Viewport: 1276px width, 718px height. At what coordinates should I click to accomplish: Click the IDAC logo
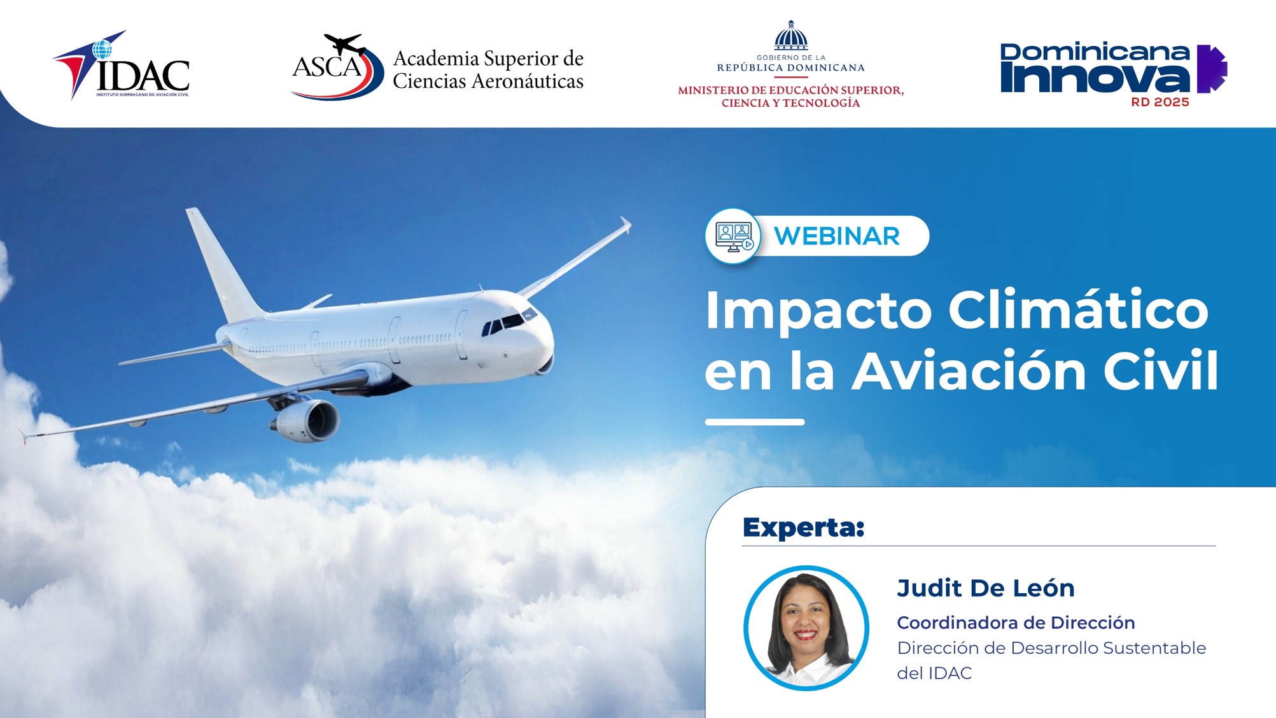(121, 65)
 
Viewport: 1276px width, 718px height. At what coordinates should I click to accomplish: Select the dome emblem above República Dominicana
(791, 36)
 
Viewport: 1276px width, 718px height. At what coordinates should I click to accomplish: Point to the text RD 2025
(1160, 102)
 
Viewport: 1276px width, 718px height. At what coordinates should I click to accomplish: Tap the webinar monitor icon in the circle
(734, 236)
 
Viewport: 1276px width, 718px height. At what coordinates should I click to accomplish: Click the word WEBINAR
(837, 236)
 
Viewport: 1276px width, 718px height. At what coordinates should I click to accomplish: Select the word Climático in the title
(1078, 310)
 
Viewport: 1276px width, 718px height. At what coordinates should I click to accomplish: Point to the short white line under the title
(755, 422)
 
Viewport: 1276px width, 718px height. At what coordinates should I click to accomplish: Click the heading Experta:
(803, 528)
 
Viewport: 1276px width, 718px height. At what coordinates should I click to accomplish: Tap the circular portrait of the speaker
(806, 628)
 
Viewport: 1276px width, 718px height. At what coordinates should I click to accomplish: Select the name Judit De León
(986, 588)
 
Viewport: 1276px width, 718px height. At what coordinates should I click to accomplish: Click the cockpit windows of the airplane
(508, 322)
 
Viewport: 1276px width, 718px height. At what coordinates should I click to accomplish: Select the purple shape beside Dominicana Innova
(1212, 69)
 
